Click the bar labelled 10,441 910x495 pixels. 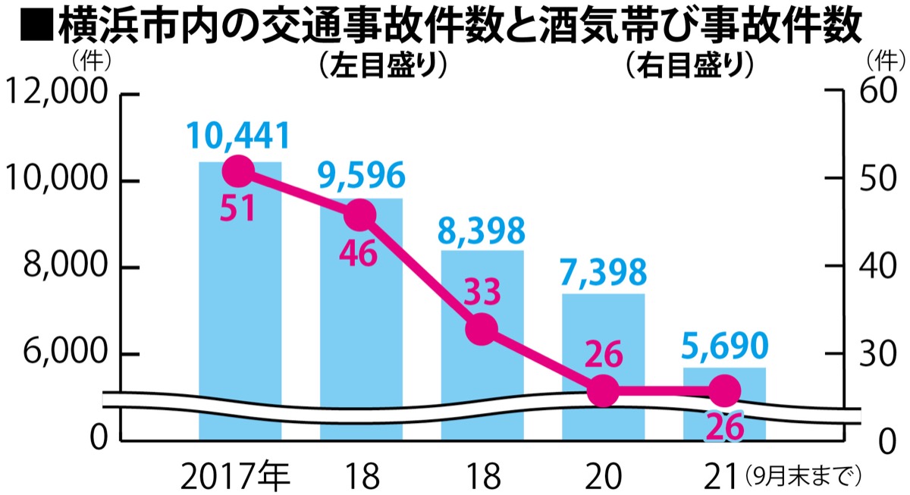point(240,303)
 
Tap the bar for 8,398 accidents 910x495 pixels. point(482,364)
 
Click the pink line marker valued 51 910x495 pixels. point(239,171)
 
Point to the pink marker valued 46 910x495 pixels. point(360,215)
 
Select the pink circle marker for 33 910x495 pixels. point(482,329)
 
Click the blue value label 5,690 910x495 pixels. point(724,348)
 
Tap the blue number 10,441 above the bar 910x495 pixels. point(239,136)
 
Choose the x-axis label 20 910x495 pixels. point(604,476)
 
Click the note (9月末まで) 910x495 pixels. point(803,476)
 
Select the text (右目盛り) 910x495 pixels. point(689,67)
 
